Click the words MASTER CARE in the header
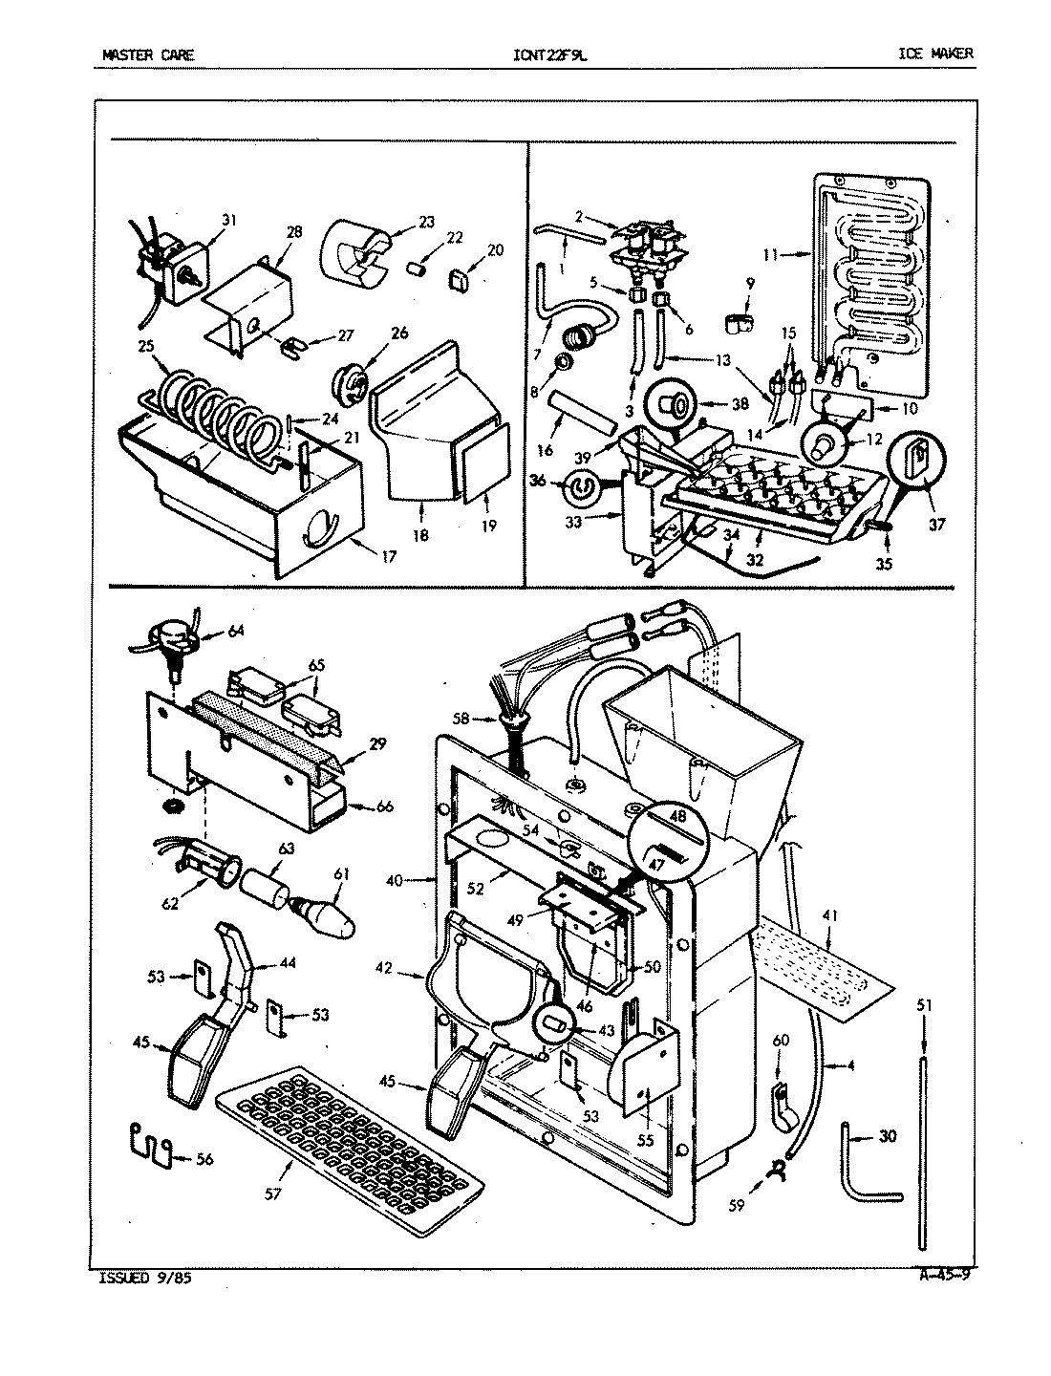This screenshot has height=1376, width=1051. (147, 54)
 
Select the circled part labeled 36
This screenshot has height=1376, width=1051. (579, 489)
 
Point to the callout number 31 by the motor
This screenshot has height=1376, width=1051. (229, 220)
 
